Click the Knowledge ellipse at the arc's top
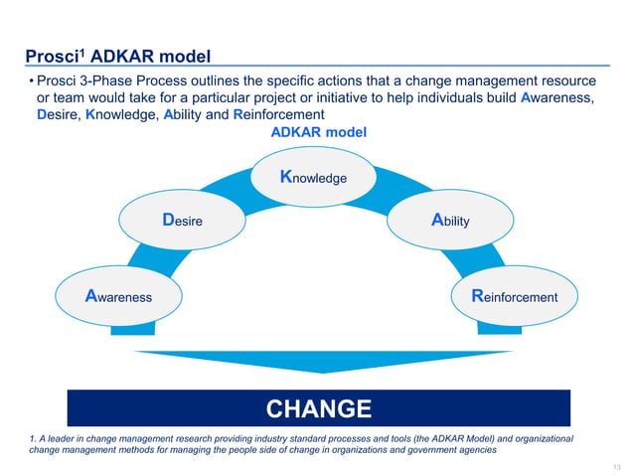click(x=317, y=178)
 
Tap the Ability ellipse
click(x=452, y=221)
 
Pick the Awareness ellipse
click(x=119, y=296)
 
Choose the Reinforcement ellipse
click(x=515, y=296)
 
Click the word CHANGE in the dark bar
click(x=318, y=408)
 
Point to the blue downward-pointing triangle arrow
click(x=317, y=362)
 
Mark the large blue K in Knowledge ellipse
click(x=287, y=178)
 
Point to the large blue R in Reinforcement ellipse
click(x=477, y=296)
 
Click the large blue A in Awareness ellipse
click(x=92, y=296)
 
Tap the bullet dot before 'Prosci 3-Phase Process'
click(x=31, y=79)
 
